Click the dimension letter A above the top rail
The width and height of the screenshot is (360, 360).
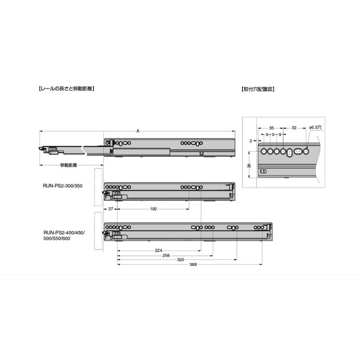click(138, 131)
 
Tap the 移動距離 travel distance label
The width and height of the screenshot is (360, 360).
click(68, 165)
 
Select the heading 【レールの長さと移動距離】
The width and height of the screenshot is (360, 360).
click(66, 89)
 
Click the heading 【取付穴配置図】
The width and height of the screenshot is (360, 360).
click(258, 89)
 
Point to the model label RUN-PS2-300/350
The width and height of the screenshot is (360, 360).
click(62, 186)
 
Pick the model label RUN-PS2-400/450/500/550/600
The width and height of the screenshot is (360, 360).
click(64, 235)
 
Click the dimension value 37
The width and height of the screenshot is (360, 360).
click(111, 209)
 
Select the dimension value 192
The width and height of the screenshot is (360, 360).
click(153, 209)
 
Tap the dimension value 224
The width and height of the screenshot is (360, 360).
click(158, 250)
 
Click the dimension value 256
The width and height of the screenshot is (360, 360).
click(166, 256)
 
